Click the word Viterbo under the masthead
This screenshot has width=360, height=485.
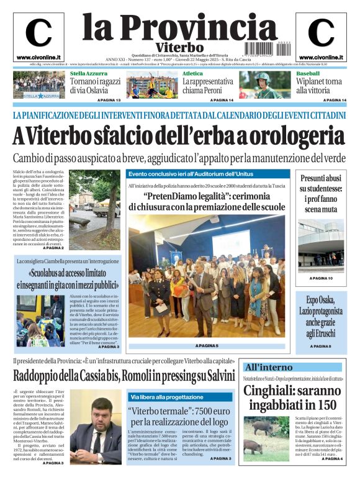point(180,47)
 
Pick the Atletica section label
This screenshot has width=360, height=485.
point(192,74)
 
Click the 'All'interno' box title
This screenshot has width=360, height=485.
point(268,368)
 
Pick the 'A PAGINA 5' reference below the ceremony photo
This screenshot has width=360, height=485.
point(207,346)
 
